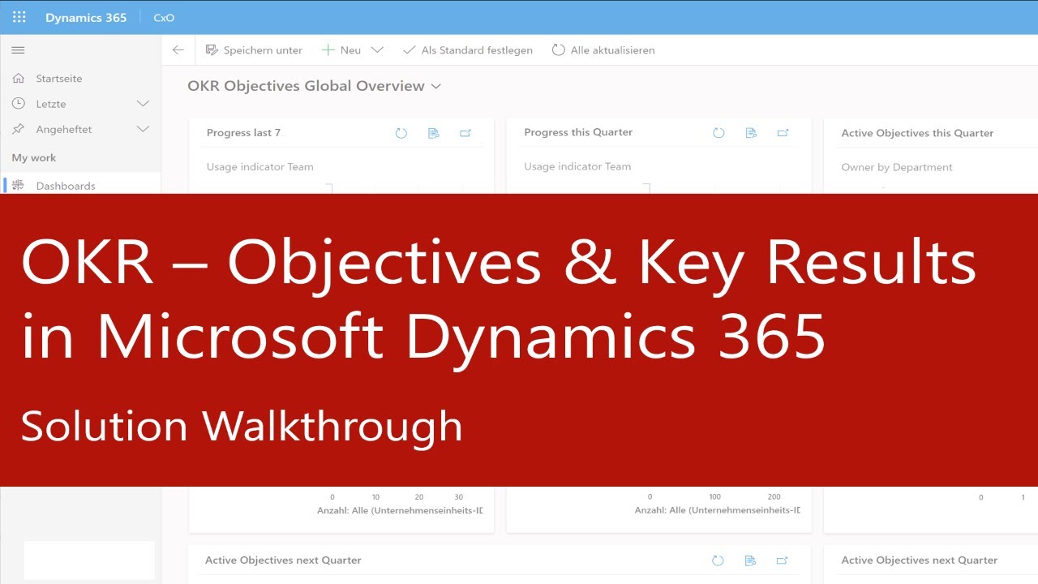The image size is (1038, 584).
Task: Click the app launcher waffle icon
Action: click(x=19, y=17)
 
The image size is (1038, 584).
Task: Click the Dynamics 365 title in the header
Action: click(x=86, y=17)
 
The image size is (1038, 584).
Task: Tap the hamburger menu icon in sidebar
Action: click(x=18, y=50)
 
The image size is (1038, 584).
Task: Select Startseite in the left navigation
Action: click(x=58, y=79)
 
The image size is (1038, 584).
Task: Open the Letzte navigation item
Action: click(x=50, y=104)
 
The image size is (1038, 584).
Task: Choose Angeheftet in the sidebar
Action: click(x=63, y=129)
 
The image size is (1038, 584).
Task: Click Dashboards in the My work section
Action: click(x=65, y=186)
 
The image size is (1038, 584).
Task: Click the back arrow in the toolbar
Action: click(x=178, y=50)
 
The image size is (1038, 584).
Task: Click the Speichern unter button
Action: click(x=254, y=50)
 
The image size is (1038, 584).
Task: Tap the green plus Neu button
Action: click(x=341, y=50)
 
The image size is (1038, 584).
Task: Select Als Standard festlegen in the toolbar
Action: click(x=468, y=50)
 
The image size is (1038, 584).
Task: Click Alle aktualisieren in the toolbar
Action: click(x=603, y=50)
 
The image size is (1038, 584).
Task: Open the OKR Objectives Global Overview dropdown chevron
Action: click(x=436, y=86)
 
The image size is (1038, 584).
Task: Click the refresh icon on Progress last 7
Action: click(x=401, y=133)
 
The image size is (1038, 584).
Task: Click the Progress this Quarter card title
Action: click(x=578, y=132)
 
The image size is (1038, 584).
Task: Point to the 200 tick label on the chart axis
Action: click(x=774, y=497)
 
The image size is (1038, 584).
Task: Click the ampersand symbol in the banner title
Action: click(x=590, y=264)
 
